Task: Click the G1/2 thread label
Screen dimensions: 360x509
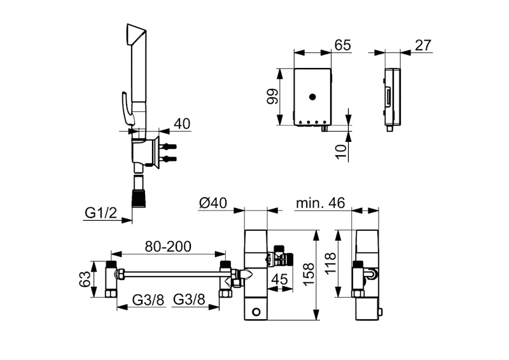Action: [x=100, y=212]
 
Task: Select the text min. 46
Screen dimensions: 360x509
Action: [x=320, y=203]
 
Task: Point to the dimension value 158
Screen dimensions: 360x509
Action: [x=308, y=275]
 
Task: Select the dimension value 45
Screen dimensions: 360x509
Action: [x=281, y=279]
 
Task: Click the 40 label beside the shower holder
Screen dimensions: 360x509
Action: [x=181, y=123]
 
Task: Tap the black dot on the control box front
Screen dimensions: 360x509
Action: [x=312, y=97]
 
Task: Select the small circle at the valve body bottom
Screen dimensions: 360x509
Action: [x=257, y=312]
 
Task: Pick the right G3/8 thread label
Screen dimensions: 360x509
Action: [x=188, y=300]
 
